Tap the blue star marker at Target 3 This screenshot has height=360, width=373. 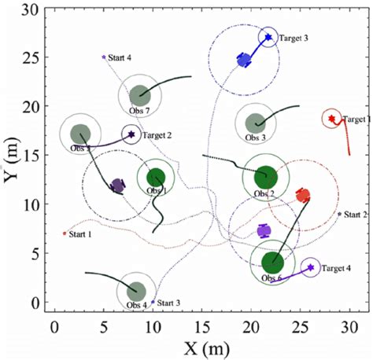tap(268, 37)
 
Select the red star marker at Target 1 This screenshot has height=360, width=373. tap(332, 119)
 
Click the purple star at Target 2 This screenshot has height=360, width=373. tap(131, 134)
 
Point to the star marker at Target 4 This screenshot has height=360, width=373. tap(310, 268)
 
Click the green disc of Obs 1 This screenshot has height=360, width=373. tap(155, 178)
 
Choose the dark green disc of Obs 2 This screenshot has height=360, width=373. tap(265, 177)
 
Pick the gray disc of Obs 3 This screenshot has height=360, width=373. tap(255, 123)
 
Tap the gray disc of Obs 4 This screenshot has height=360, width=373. tap(136, 291)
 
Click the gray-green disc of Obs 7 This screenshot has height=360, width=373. tap(139, 95)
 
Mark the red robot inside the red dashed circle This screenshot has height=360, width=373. tap(302, 195)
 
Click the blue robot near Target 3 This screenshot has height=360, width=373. tap(244, 60)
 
